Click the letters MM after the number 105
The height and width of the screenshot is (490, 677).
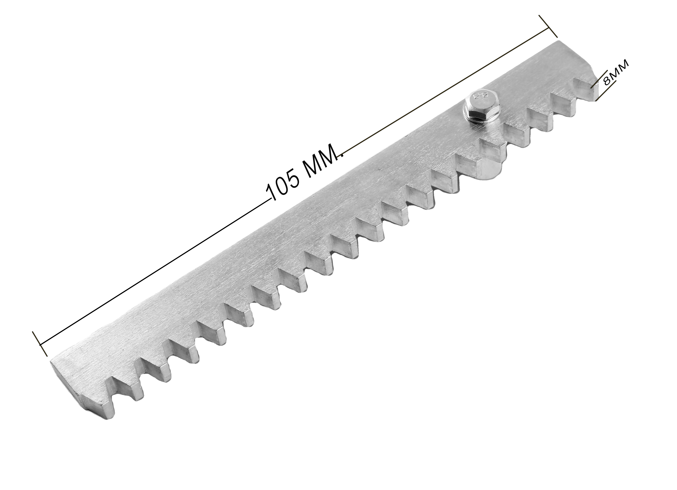(x=322, y=163)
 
